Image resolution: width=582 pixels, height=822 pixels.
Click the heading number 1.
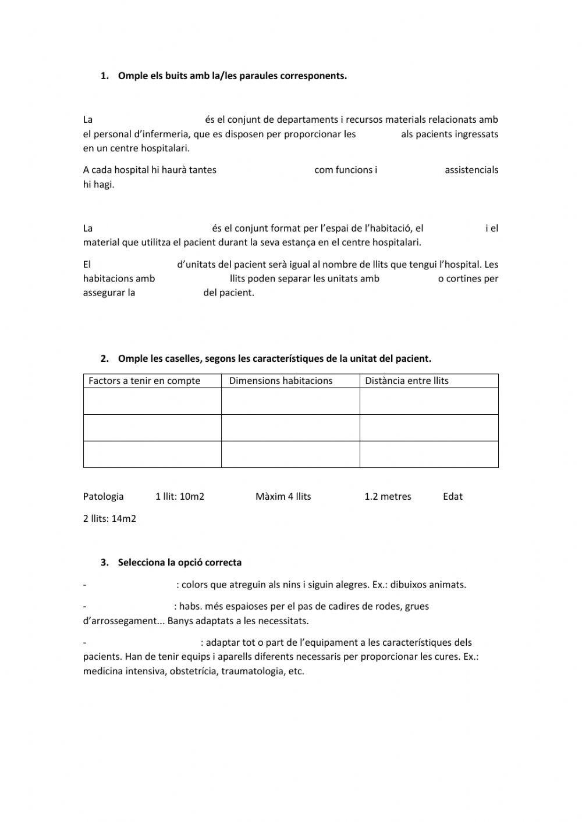104,76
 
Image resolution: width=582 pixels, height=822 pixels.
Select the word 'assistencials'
471,170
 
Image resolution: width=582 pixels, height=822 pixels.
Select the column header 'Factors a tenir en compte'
144,380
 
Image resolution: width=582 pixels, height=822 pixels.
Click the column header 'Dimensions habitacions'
281,380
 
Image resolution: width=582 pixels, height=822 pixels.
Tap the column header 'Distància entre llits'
407,380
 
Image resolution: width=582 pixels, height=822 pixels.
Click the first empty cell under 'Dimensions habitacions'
290,401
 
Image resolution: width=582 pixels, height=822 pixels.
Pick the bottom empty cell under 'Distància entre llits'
429,454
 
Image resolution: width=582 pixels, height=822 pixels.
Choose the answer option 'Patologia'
104,496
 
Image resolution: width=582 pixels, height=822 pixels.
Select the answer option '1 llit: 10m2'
180,496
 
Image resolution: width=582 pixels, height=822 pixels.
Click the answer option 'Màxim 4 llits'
283,496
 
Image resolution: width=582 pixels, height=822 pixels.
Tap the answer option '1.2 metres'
388,496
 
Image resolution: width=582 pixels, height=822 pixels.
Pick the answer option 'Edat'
453,496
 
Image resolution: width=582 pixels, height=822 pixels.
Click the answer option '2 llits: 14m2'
109,518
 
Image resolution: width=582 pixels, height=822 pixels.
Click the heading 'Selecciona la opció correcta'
179,563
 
